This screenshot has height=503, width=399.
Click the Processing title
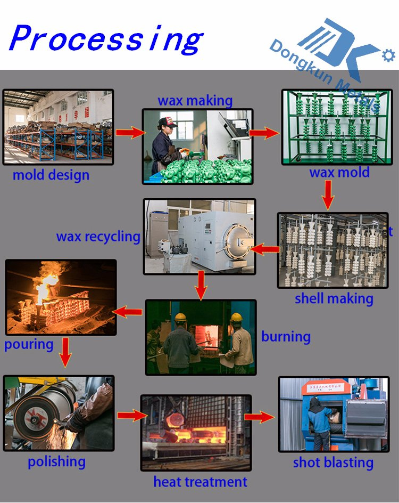[x=106, y=38]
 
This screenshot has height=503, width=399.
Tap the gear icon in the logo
[x=388, y=55]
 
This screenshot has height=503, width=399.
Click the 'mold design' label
[x=51, y=175]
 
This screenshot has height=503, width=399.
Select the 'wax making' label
[x=195, y=101]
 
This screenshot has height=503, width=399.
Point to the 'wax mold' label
[x=339, y=172]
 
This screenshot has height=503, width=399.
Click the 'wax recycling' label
[x=98, y=237]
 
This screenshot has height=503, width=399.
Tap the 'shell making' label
[x=334, y=298]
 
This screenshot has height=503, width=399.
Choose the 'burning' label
[x=286, y=337]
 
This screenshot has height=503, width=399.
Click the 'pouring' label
[x=29, y=344]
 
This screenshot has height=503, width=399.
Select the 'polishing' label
[x=57, y=462]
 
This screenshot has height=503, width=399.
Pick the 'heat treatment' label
[x=200, y=482]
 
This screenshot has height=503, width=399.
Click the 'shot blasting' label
[x=334, y=463]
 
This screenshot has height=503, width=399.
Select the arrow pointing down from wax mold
[x=328, y=195]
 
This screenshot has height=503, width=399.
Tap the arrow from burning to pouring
[x=128, y=312]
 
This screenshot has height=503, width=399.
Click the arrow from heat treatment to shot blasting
[x=260, y=417]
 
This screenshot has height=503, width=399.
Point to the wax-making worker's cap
[x=168, y=122]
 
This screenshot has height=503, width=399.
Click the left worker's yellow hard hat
[x=180, y=317]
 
